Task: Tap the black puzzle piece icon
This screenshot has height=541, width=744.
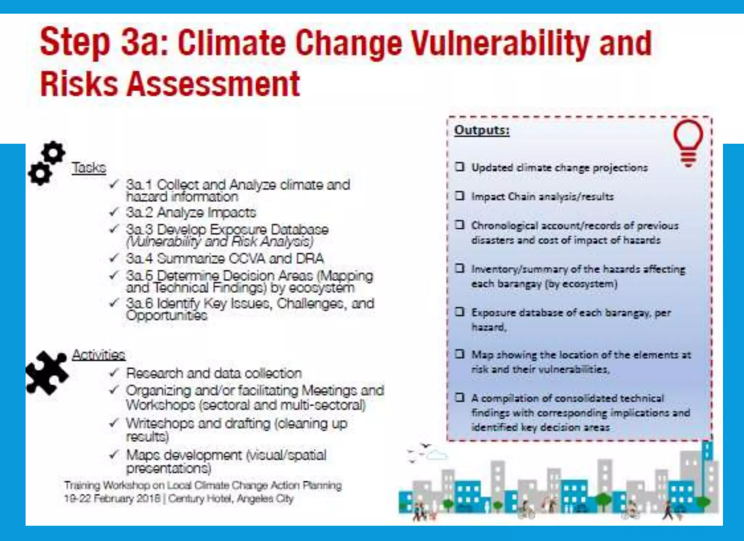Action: tap(47, 372)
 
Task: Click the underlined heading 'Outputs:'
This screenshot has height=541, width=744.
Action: tap(482, 130)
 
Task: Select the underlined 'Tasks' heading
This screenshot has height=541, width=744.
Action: tap(89, 168)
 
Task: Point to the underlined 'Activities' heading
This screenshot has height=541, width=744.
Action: tap(98, 355)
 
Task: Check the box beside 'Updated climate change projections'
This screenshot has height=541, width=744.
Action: tap(460, 167)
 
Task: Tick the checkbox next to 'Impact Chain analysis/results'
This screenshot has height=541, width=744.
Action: tap(460, 196)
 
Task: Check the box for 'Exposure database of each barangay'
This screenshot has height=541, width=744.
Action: tap(460, 312)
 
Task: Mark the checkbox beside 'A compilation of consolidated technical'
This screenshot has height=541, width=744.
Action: tap(460, 397)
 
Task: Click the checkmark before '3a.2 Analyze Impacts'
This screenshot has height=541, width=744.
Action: tap(114, 212)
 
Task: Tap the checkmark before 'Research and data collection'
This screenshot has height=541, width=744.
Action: tap(114, 372)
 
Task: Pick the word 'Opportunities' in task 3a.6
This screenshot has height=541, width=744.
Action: tap(167, 315)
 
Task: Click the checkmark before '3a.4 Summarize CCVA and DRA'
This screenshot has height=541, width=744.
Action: tap(114, 258)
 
